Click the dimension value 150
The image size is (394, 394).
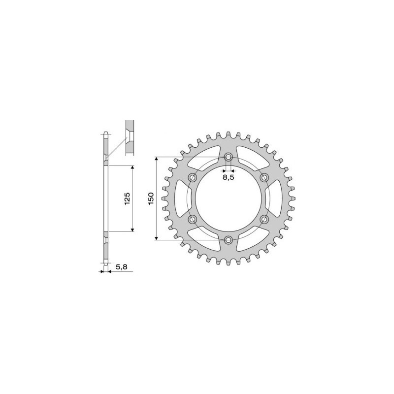click(x=151, y=198)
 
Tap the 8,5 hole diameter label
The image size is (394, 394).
click(x=228, y=178)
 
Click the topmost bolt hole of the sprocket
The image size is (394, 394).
click(x=229, y=157)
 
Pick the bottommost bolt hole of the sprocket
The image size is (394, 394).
click(x=229, y=240)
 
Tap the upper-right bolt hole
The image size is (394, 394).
click(x=264, y=177)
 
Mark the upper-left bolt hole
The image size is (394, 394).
click(x=193, y=177)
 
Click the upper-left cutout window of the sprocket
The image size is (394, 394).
click(x=202, y=158)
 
